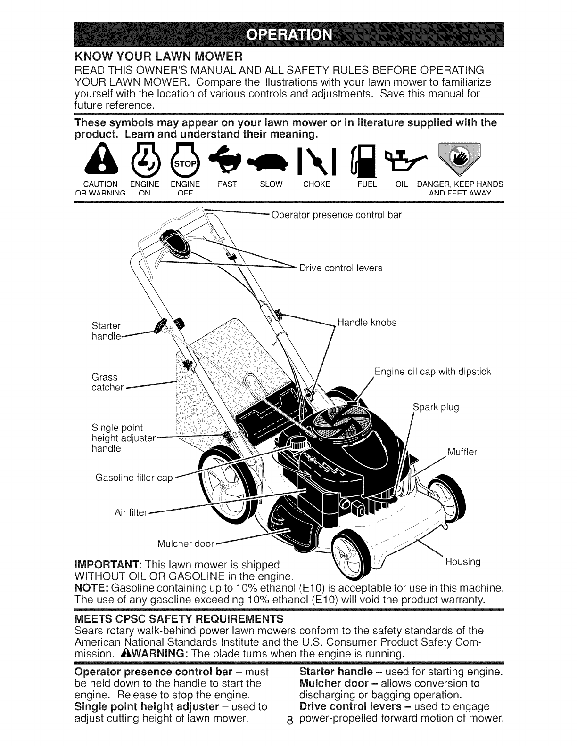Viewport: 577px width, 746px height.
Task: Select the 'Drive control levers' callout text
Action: (x=341, y=268)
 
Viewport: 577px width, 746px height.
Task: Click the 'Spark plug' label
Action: (x=436, y=407)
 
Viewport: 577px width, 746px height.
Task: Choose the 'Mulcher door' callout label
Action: (x=185, y=544)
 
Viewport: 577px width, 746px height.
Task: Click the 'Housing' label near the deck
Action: (x=463, y=562)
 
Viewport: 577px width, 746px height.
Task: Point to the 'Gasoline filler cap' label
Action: (x=134, y=478)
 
